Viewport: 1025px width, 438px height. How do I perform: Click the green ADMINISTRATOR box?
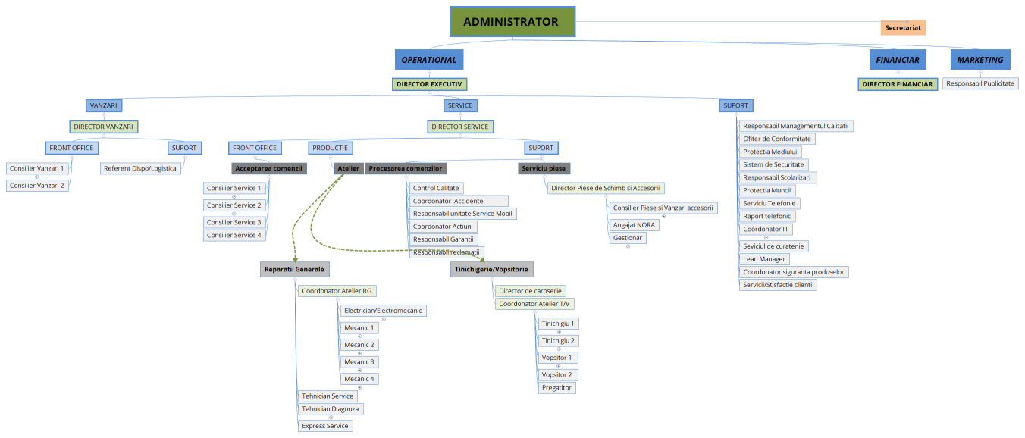512,22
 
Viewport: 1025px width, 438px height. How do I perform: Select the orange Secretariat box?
903,27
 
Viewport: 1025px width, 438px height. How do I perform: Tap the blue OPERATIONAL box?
429,60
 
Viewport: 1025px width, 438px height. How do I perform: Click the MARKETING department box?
980,60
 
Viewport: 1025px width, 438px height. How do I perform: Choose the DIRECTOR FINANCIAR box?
898,84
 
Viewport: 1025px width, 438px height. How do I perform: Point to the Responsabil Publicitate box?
980,83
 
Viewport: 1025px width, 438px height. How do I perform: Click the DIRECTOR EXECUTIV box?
429,84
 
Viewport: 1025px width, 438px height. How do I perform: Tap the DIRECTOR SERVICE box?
460,127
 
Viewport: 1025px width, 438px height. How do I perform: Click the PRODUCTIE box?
330,148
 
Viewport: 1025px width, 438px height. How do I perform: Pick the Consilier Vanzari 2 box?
37,185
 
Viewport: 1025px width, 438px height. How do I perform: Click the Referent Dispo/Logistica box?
140,168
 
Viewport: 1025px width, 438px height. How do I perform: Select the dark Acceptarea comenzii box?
268,168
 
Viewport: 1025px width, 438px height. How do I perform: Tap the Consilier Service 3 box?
234,222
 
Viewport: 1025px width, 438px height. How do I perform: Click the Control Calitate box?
436,188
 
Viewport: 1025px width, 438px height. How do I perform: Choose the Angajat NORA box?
635,224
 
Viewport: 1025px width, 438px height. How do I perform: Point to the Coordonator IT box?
766,229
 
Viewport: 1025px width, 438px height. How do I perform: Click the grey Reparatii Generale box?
294,269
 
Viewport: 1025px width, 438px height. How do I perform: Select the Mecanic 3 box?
359,361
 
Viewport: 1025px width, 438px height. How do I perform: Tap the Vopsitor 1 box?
557,358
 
